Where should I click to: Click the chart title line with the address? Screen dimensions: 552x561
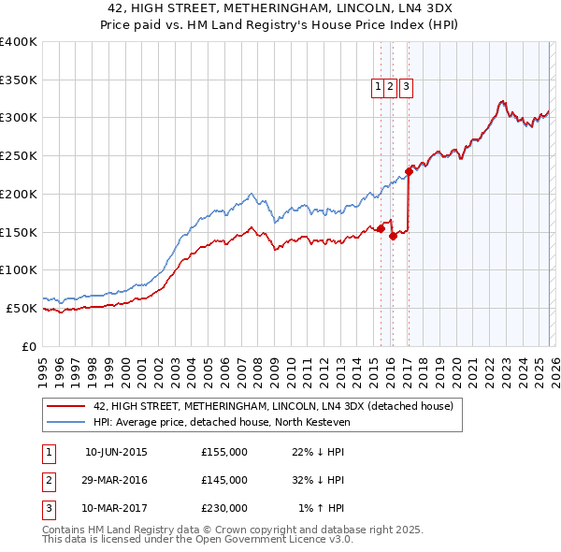click(280, 8)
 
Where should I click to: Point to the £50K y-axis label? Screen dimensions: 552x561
click(22, 308)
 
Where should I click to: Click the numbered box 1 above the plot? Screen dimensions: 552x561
click(380, 87)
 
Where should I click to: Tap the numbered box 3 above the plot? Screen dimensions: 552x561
click(409, 87)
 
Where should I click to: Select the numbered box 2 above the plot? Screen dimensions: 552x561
click(392, 87)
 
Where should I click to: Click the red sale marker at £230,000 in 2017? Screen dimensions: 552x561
click(409, 171)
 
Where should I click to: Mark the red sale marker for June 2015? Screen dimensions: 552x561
click(380, 228)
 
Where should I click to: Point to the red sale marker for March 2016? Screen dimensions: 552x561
click(393, 236)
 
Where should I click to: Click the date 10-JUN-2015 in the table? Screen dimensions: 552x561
click(116, 452)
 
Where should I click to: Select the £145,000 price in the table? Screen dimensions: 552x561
click(224, 480)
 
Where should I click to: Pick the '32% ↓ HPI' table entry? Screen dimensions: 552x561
click(318, 480)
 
